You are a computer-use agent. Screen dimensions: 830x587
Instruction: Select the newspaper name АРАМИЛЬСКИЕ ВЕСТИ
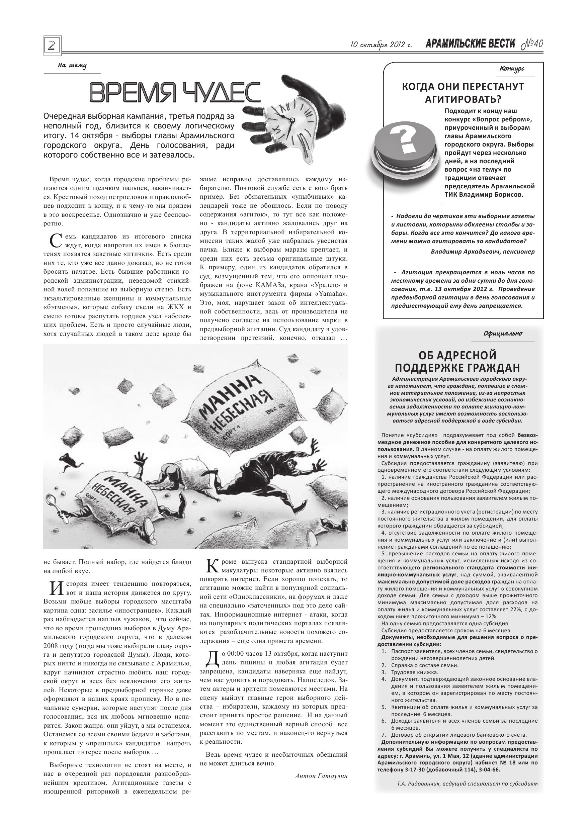(470, 44)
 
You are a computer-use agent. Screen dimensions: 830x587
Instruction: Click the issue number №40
(532, 44)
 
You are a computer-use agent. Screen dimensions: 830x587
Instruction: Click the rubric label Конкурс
(512, 69)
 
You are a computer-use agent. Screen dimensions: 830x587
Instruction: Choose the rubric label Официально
(503, 333)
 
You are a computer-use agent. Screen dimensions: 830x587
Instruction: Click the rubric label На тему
(72, 66)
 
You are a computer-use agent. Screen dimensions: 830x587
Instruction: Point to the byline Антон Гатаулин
(321, 776)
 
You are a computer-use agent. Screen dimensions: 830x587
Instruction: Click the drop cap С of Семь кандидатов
(53, 241)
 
